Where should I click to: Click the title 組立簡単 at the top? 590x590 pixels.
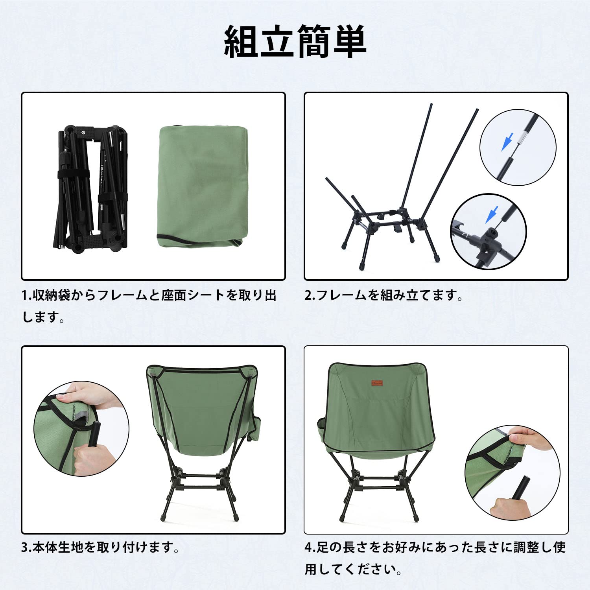pos(295,42)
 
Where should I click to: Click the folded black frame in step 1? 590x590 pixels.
pos(91,188)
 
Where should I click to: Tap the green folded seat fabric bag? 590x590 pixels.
pos(203,187)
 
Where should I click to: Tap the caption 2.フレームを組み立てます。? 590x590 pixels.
pos(384,295)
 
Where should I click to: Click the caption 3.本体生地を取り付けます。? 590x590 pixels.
pos(100,547)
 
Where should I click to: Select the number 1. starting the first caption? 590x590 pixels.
pos(27,295)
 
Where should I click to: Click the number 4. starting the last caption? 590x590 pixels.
pos(310,547)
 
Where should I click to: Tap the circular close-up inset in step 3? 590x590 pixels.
pos(81,428)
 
